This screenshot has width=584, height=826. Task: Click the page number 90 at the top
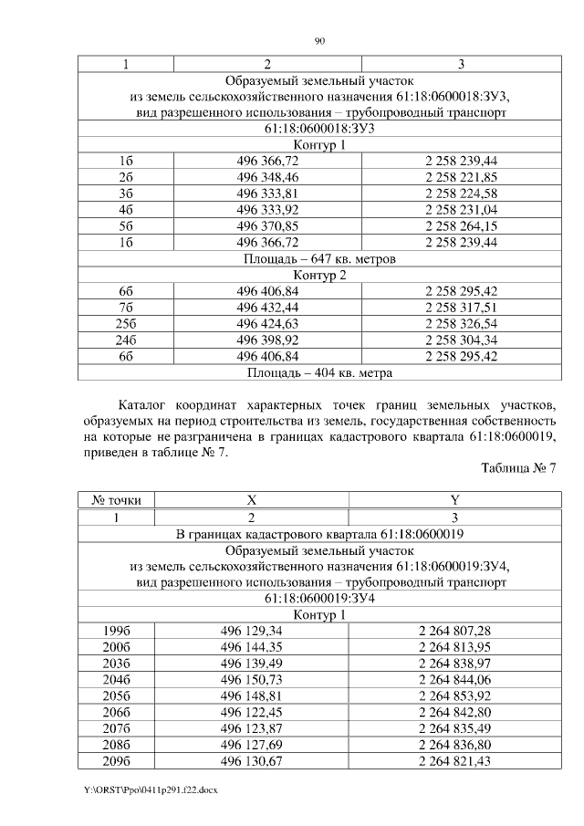319,40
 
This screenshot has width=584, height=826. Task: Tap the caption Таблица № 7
517,468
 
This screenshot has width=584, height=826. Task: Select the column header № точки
116,500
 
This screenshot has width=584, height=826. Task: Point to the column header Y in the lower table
454,500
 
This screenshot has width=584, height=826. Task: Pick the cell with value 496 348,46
267,176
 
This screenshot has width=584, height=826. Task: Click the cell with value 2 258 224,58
461,193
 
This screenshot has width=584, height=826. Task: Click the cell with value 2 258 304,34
461,340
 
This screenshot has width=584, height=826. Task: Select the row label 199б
116,631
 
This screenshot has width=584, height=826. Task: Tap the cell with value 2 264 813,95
454,647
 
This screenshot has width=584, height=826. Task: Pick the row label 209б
116,761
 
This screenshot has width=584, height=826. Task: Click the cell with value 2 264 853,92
454,696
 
